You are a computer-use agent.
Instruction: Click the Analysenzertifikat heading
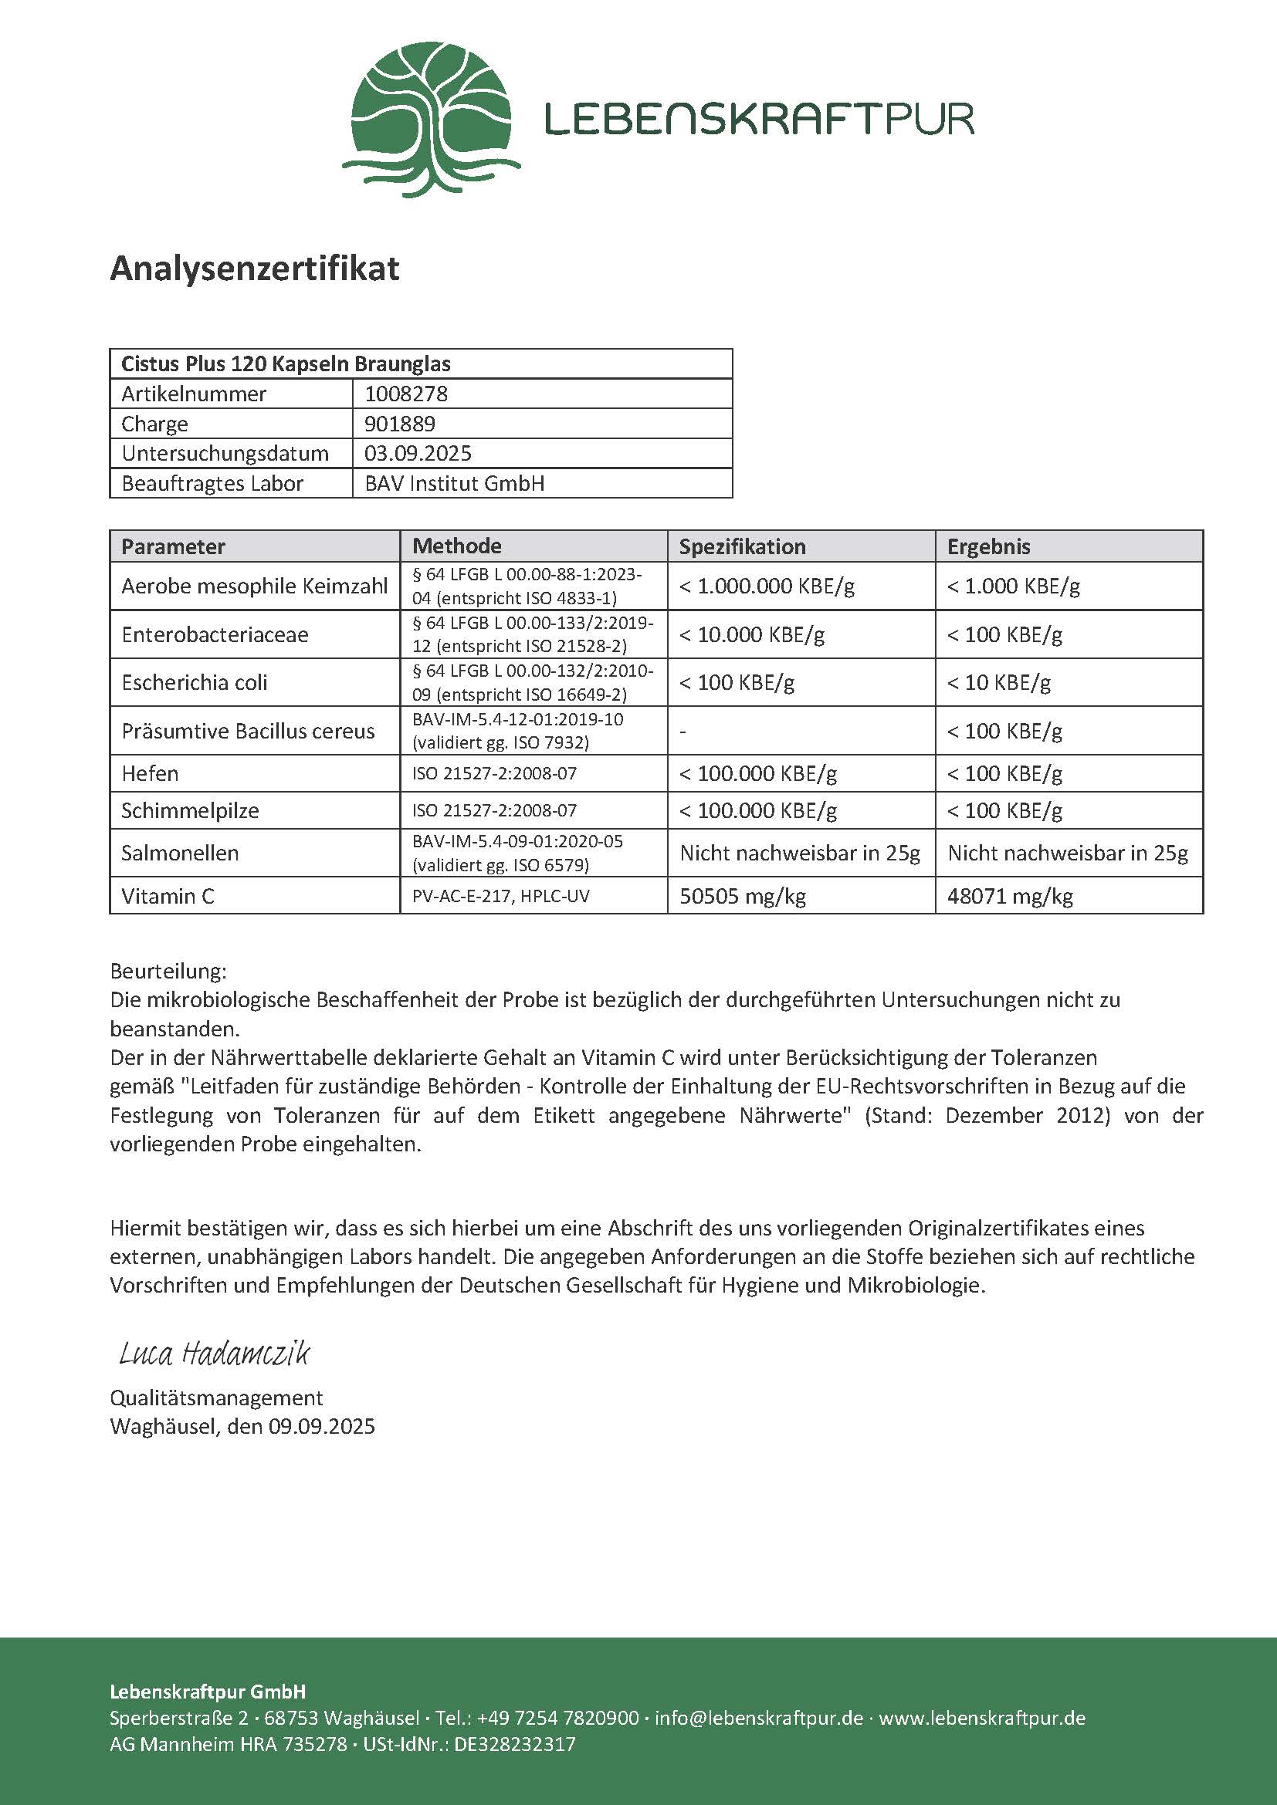tap(254, 269)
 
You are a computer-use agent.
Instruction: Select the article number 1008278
tap(406, 394)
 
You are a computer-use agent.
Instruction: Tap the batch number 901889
tap(399, 424)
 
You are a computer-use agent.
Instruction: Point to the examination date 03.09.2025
tap(418, 454)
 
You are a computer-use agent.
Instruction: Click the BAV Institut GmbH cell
tap(455, 484)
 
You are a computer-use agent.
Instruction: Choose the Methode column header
tap(457, 546)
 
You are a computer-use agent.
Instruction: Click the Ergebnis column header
tap(988, 546)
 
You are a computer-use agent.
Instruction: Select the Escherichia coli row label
tap(195, 682)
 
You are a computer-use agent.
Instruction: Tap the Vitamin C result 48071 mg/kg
tap(1010, 896)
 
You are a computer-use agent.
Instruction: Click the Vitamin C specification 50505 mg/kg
tap(742, 896)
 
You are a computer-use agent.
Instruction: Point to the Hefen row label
tap(151, 773)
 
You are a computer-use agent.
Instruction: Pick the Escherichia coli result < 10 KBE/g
tap(998, 682)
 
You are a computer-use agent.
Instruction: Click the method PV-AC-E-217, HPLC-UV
tap(500, 896)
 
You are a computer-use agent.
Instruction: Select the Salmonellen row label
tap(180, 853)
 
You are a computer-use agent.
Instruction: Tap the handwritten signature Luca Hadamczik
tap(214, 1354)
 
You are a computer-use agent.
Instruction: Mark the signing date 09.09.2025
tap(322, 1427)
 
